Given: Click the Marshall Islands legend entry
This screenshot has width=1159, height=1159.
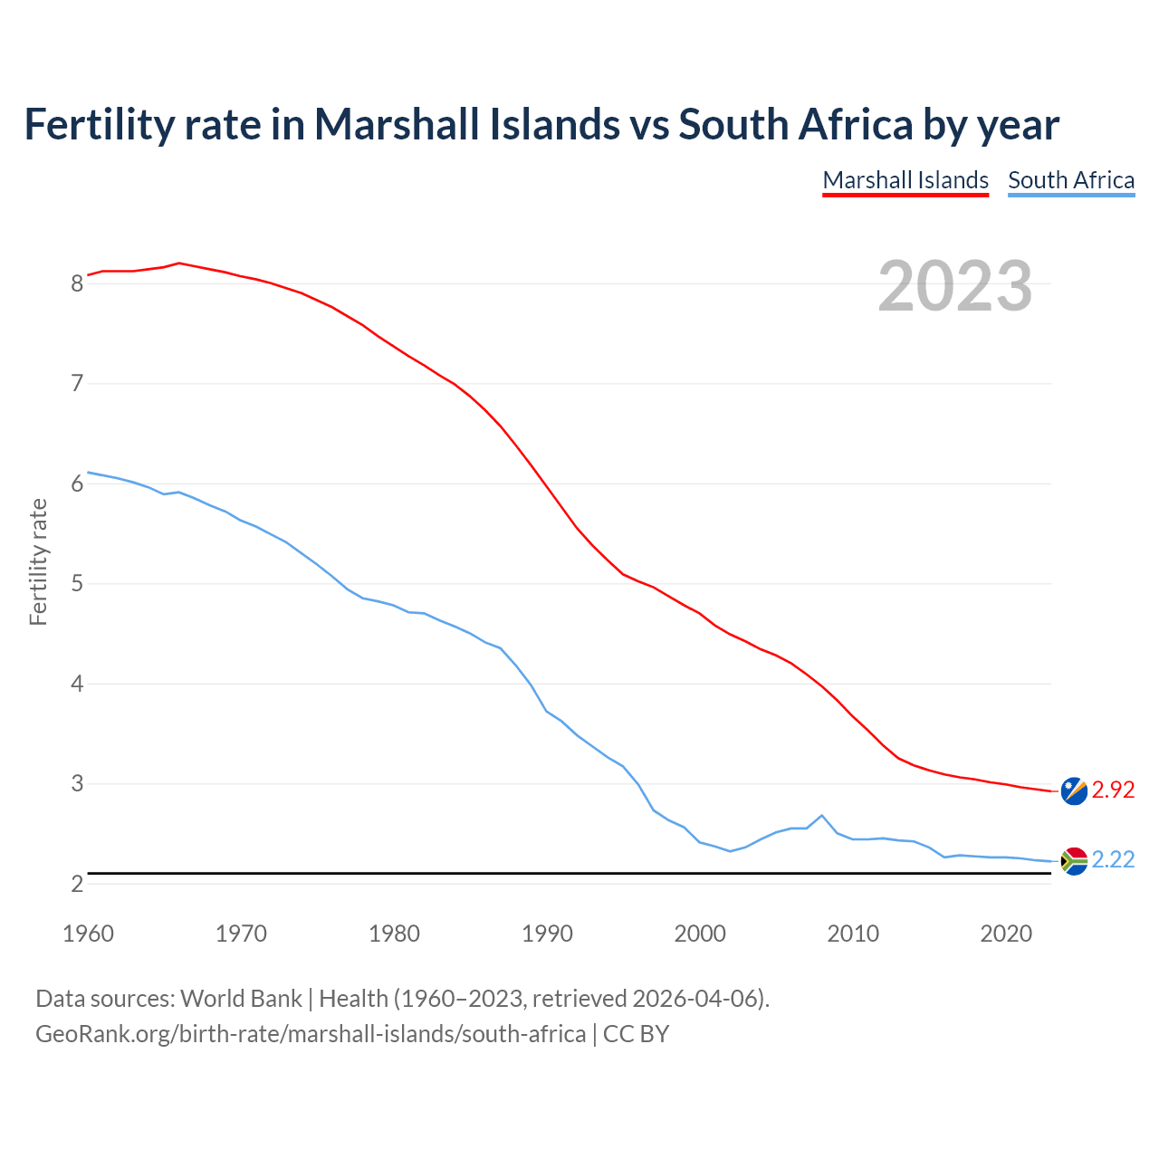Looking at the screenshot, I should pos(905,180).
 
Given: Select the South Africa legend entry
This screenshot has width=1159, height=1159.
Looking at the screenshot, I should pos(1071,180).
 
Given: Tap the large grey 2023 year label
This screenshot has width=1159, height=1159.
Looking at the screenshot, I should pos(955,286).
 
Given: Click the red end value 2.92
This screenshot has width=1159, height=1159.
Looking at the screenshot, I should pos(1113,790).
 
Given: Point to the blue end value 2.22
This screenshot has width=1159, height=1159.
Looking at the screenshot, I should pos(1113,859).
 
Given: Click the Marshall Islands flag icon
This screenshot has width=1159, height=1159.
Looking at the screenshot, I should pos(1074,790).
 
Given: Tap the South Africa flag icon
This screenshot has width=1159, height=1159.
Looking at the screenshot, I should pos(1074,860).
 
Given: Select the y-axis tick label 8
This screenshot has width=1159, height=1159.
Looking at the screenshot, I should pos(77,283).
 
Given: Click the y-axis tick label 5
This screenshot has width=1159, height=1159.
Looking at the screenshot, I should pos(77,584).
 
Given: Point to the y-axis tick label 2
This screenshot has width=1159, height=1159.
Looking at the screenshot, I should pos(77,884).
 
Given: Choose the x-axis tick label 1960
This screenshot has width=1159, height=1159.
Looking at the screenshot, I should pos(88,934).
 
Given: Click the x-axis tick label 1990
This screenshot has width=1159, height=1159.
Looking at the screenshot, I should pos(547,934).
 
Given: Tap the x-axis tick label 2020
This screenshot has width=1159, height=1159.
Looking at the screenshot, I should pos(1006,934).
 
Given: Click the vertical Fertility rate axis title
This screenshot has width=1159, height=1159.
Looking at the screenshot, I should pos(38,561).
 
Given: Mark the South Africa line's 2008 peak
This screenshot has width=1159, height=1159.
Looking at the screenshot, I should pos(821,815).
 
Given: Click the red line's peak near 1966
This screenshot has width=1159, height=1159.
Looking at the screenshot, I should pos(179,263).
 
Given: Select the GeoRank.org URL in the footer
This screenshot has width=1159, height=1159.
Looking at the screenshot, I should pos(310,1034).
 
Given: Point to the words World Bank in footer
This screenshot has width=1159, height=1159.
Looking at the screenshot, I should pos(241,999).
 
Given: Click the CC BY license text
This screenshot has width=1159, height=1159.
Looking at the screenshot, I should pos(636,1034).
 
